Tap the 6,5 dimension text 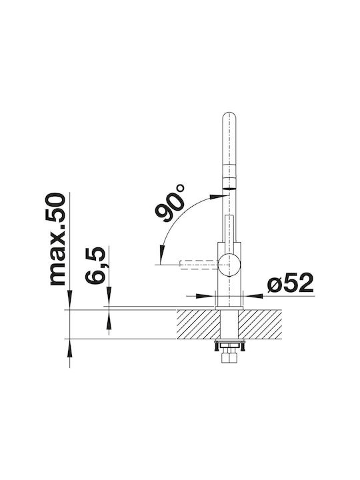pyautogui.click(x=95, y=265)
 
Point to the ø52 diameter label pyautogui.click(x=290, y=283)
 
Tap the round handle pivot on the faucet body pyautogui.click(x=229, y=264)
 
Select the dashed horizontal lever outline pyautogui.click(x=199, y=265)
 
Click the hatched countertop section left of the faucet pyautogui.click(x=199, y=324)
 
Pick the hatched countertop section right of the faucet pyautogui.click(x=260, y=324)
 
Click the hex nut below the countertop pyautogui.click(x=229, y=357)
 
